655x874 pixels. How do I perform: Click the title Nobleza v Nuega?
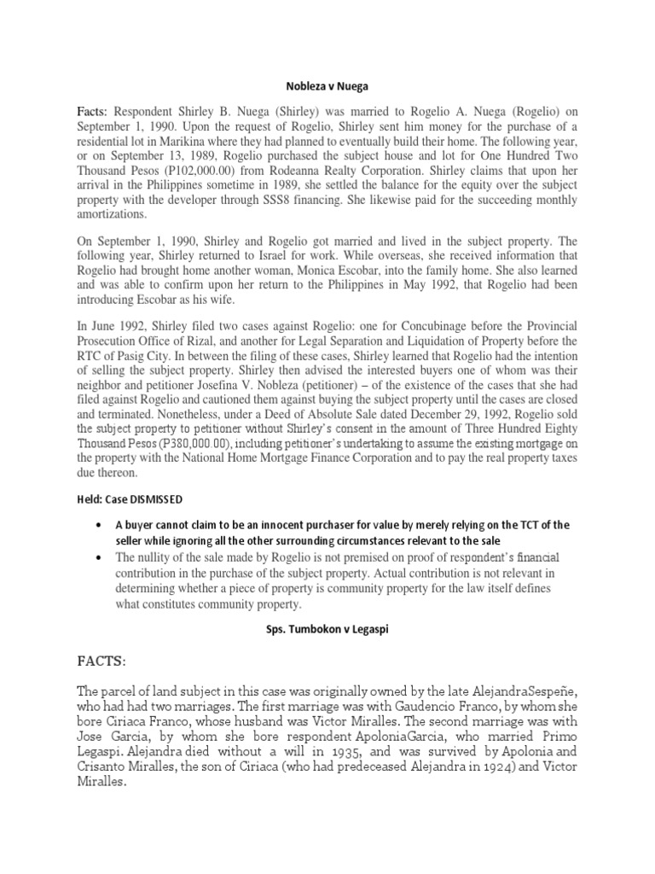(x=327, y=86)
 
